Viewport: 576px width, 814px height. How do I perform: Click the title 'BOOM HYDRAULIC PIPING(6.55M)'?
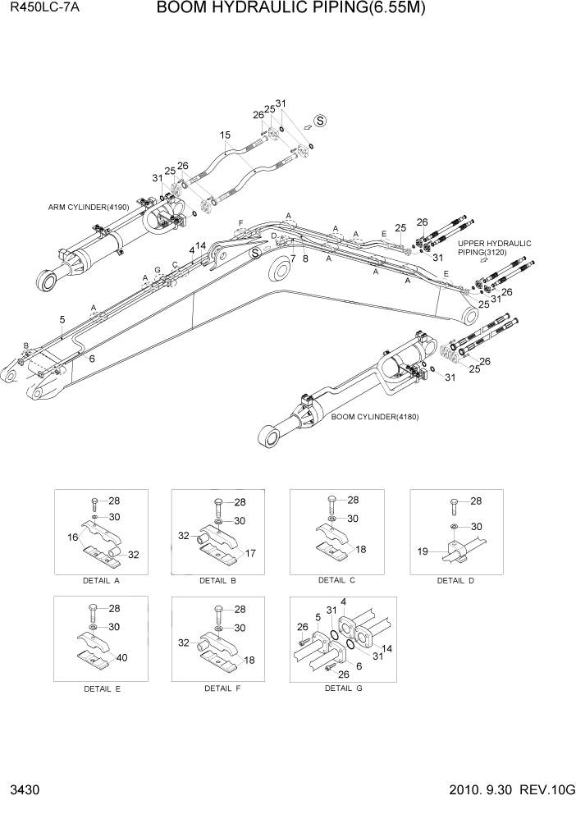click(x=290, y=9)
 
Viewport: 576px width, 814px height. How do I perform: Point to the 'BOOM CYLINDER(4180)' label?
click(x=375, y=417)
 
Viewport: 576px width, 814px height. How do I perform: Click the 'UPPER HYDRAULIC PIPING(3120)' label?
click(x=494, y=248)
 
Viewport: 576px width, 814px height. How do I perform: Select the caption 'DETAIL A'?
click(x=101, y=580)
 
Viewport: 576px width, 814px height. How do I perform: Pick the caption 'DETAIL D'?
click(x=455, y=580)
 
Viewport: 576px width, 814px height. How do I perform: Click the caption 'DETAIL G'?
click(x=343, y=688)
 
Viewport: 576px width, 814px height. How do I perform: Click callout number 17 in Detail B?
click(x=251, y=553)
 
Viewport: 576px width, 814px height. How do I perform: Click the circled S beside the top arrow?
click(x=320, y=121)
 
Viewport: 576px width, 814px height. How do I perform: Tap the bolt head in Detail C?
click(x=331, y=500)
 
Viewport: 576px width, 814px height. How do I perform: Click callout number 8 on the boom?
click(x=305, y=258)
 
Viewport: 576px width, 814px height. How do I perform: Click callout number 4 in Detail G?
click(x=343, y=602)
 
